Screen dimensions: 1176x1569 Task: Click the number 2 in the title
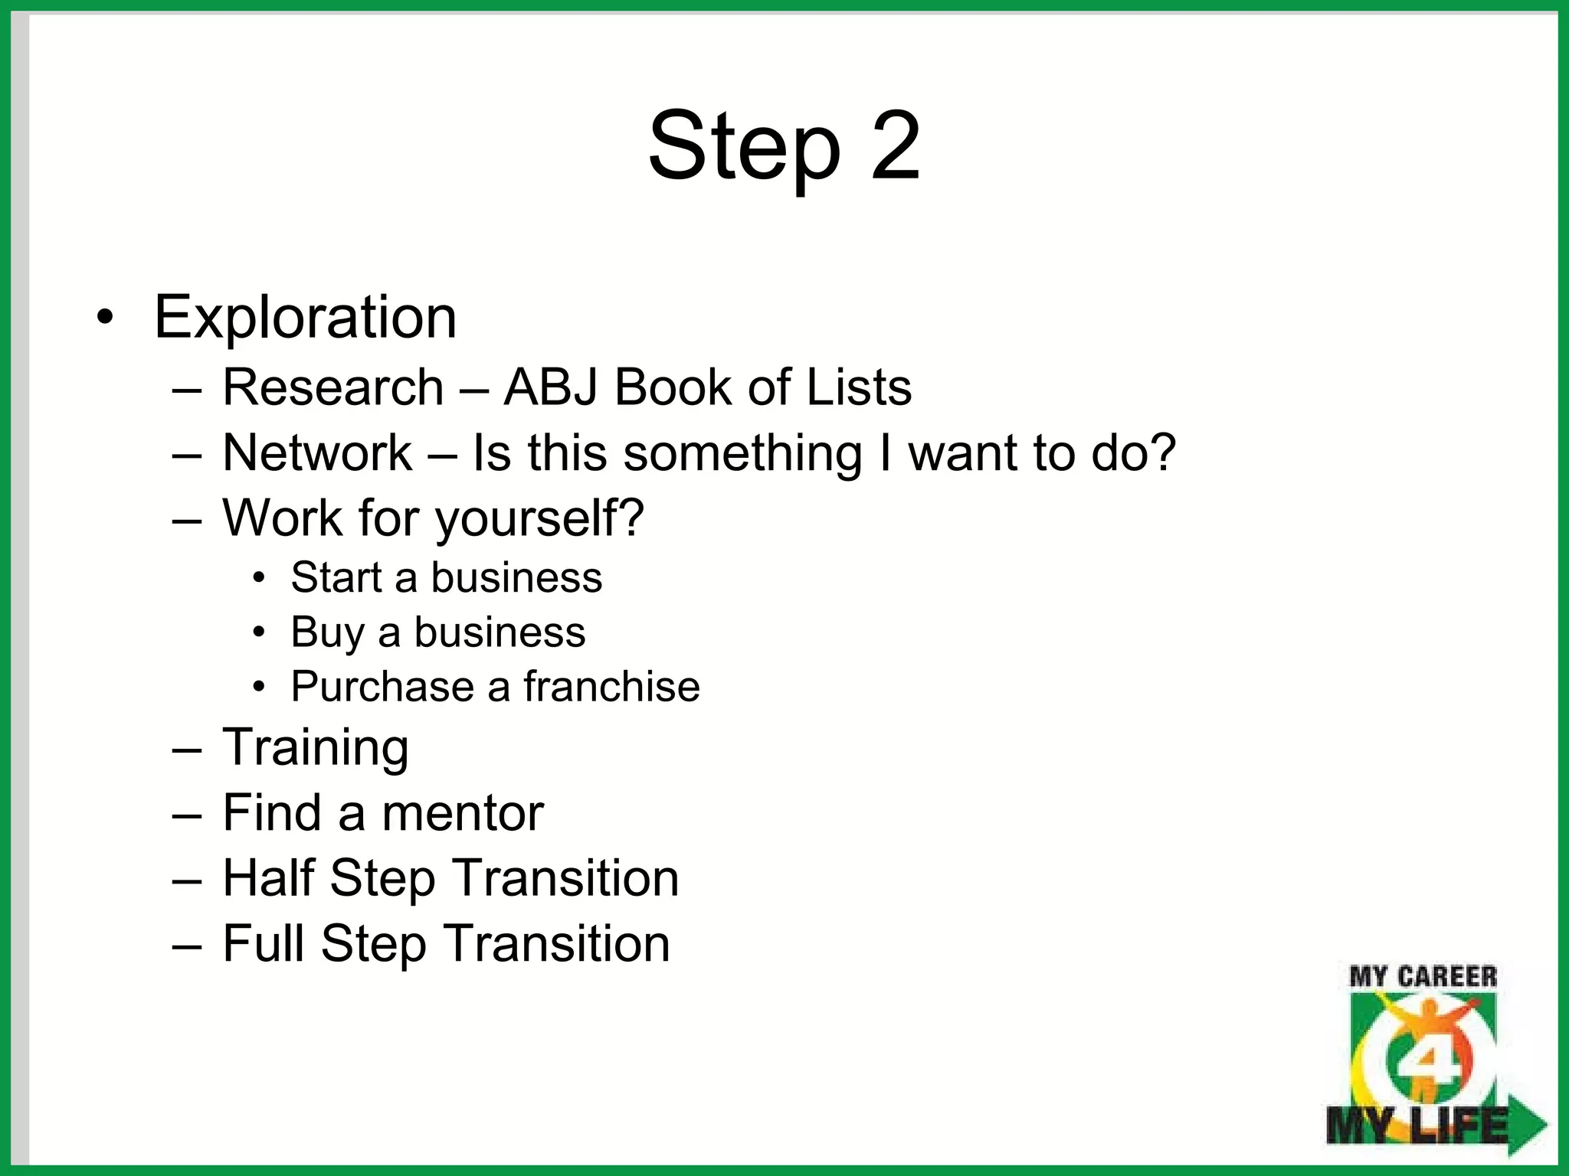pos(894,145)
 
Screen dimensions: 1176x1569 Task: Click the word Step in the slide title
pos(744,147)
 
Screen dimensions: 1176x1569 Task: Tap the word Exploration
pos(305,317)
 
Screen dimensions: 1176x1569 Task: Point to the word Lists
pos(859,387)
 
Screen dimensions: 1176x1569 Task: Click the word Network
pos(317,452)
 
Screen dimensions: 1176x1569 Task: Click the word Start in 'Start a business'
pos(336,577)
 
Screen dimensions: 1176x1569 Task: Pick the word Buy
pos(327,633)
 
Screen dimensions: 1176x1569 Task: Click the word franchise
pos(611,687)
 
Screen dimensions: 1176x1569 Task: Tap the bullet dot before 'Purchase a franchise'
pos(260,687)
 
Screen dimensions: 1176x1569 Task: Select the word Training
pos(315,748)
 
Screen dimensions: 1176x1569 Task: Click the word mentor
pos(463,813)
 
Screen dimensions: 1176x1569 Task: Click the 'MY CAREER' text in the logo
pos(1423,977)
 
